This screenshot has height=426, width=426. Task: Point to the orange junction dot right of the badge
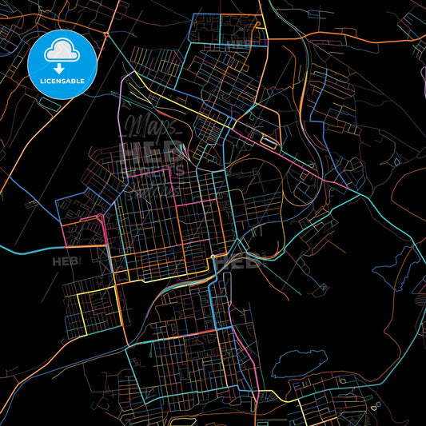tap(106, 34)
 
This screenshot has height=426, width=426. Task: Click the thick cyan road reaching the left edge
tap(24, 252)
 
